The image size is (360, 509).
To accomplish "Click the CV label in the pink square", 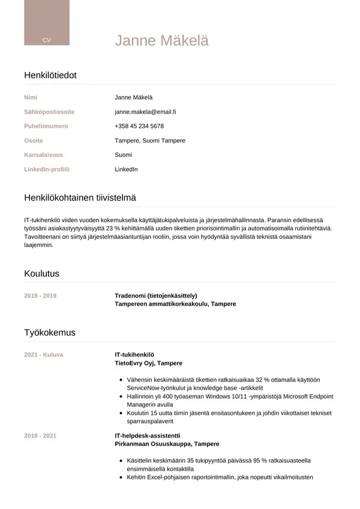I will click(x=47, y=40).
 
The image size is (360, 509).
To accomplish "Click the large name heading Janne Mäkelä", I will click(x=161, y=41).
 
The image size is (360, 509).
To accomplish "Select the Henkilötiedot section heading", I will click(x=50, y=76).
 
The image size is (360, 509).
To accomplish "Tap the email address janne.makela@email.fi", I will click(x=145, y=112).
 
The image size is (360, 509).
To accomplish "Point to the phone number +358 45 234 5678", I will click(x=139, y=126).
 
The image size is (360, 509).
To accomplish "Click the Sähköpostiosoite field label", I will click(x=49, y=112).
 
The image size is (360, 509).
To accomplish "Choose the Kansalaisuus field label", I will click(x=43, y=155).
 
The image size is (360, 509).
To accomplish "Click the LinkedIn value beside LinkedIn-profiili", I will click(x=126, y=169).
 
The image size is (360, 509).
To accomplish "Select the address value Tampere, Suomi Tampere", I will click(x=150, y=140).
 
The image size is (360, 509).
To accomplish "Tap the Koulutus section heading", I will click(x=41, y=274).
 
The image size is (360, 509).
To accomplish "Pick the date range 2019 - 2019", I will click(x=40, y=295).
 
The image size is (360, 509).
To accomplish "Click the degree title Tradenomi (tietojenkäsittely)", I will click(x=156, y=295).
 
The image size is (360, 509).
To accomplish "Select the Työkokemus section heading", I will click(x=50, y=333).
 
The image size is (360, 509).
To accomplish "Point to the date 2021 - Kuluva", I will click(x=43, y=355).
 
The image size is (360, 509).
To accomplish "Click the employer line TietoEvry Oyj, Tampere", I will click(x=148, y=363).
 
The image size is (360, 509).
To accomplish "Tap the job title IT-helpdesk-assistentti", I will click(x=148, y=435).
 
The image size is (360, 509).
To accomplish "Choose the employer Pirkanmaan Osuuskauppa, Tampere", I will click(x=167, y=444).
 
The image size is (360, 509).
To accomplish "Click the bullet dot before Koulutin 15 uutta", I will click(x=122, y=414).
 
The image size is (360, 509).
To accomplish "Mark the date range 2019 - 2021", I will click(x=40, y=435).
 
